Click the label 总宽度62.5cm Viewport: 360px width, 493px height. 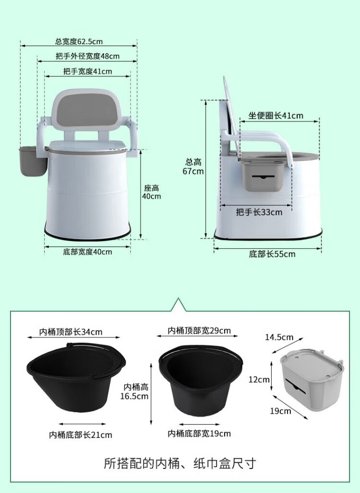coord(79,41)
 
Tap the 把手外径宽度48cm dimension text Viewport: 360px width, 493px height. coord(88,56)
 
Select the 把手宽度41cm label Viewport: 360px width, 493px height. coord(88,72)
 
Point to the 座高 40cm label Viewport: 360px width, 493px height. coord(152,192)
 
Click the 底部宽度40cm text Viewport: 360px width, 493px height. coord(87,252)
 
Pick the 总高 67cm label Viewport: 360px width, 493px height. coord(193,167)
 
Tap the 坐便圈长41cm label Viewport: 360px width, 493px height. coord(276,116)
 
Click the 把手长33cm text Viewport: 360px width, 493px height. coord(259,212)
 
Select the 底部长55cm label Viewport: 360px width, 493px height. coord(272,254)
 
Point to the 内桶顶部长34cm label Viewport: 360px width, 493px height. coord(71,332)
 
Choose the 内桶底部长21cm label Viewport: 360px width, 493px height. coord(81,435)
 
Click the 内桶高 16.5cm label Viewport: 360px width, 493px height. coord(134,391)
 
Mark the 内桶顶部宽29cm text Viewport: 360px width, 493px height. coord(199,331)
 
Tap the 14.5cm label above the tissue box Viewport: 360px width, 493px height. coord(279,337)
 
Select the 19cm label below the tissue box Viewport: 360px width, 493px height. coord(280,411)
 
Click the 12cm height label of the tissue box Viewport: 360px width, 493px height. coord(259,380)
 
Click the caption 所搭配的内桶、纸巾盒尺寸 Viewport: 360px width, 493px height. coord(180,463)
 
